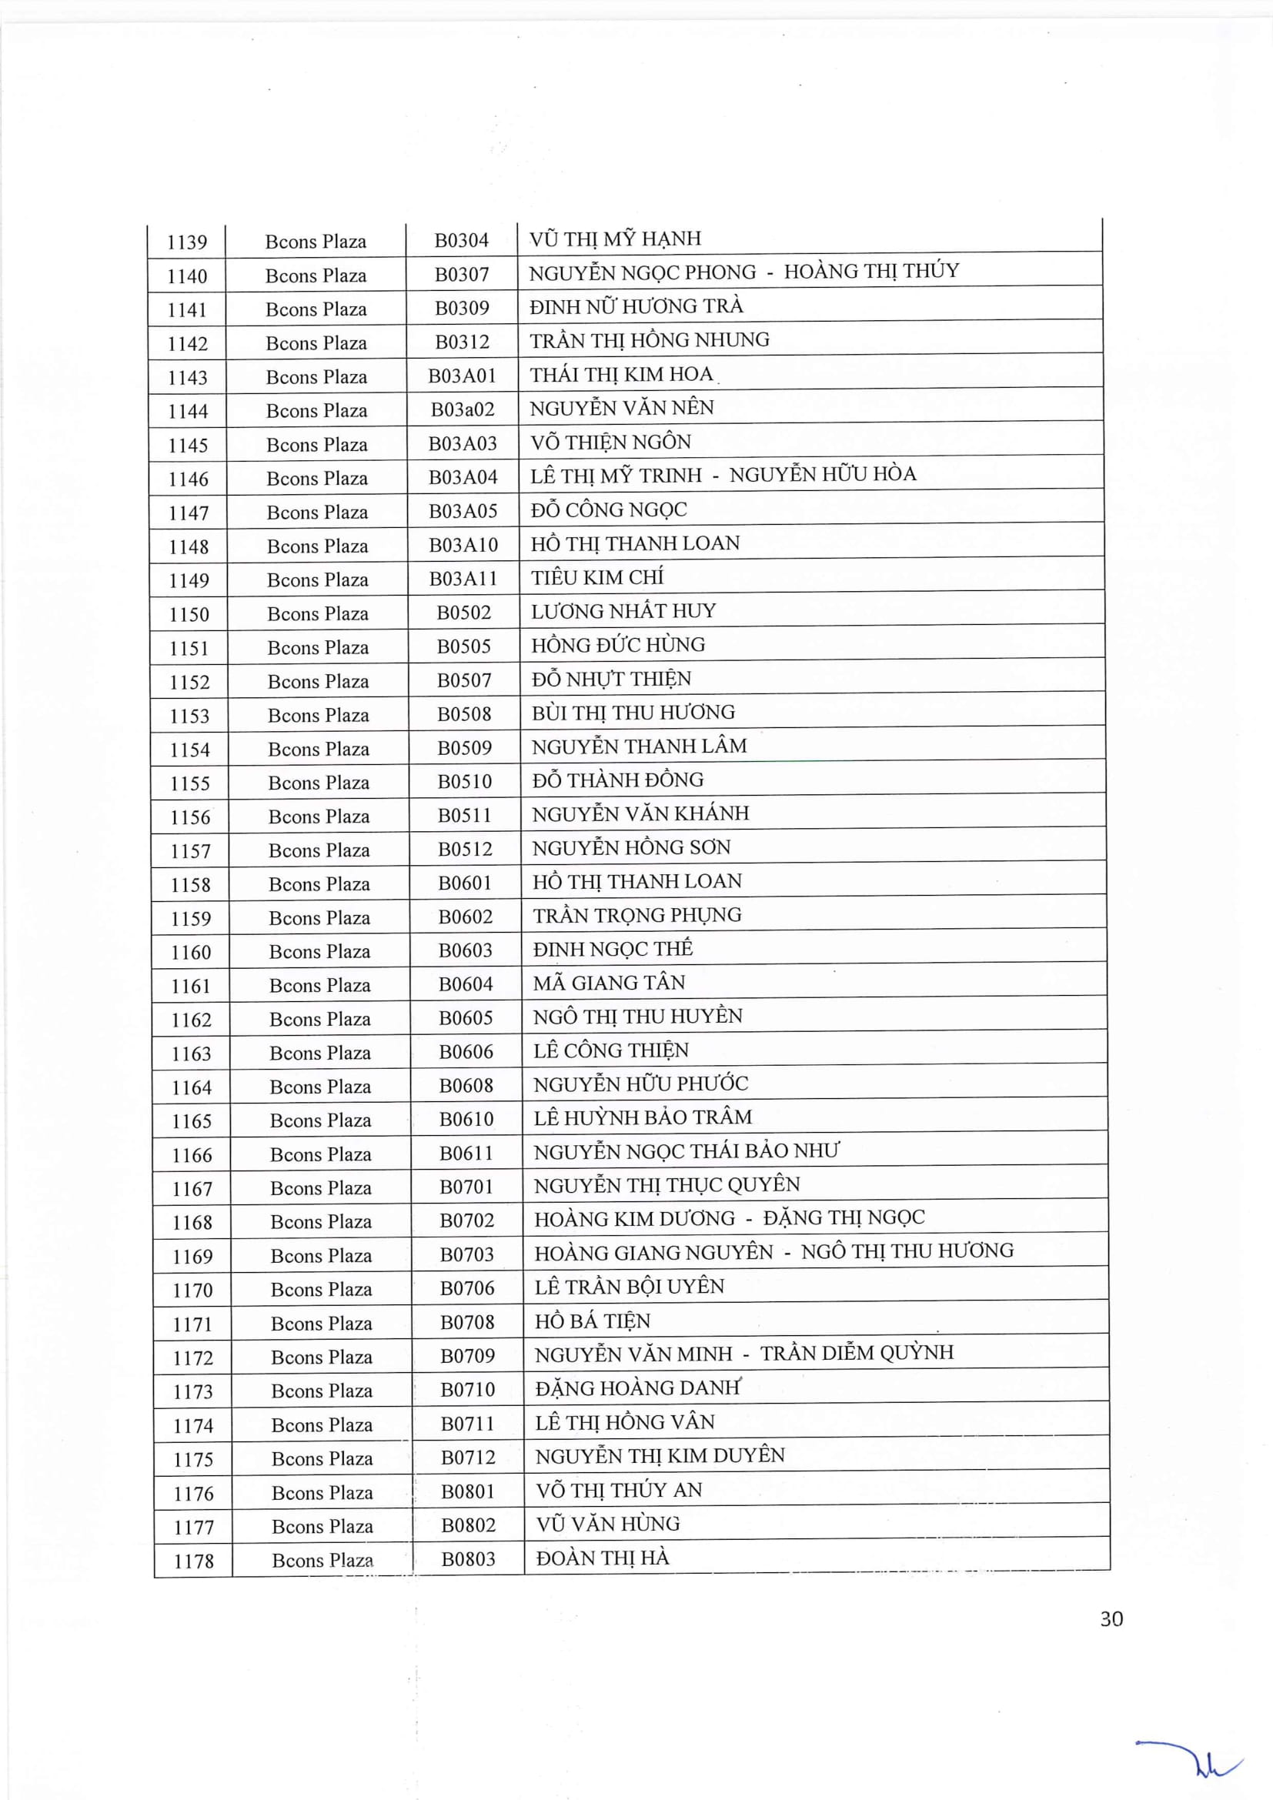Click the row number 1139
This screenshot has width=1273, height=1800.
click(x=186, y=242)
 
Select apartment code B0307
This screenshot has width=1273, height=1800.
click(x=462, y=275)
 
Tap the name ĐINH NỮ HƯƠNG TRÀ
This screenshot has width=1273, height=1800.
click(x=636, y=306)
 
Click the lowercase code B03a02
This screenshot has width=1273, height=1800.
click(x=463, y=409)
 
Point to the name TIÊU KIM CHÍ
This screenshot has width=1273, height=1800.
click(x=596, y=578)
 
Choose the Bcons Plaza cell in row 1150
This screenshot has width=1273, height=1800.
click(x=317, y=614)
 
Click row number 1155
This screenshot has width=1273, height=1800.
click(x=189, y=783)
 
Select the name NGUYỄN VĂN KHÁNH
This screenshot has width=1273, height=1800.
click(x=640, y=813)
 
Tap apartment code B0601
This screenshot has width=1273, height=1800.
click(x=465, y=883)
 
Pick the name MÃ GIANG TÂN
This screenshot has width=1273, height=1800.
click(x=609, y=983)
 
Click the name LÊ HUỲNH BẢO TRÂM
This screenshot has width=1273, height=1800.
click(x=643, y=1118)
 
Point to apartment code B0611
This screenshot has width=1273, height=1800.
click(x=466, y=1154)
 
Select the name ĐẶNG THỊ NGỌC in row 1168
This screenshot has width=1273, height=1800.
click(x=844, y=1217)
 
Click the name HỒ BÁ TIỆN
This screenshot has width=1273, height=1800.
click(x=593, y=1321)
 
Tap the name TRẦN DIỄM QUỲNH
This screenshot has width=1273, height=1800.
click(x=857, y=1353)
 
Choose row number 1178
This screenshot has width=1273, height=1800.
click(x=194, y=1561)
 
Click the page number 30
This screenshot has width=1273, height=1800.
click(x=1111, y=1619)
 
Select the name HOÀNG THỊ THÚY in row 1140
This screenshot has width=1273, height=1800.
click(x=872, y=271)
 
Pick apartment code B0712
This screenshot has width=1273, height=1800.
click(x=468, y=1458)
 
